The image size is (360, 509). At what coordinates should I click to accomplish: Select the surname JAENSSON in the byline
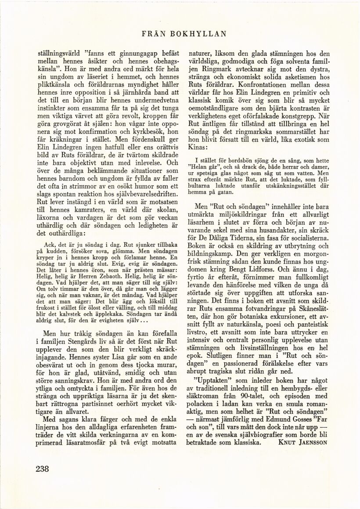pyautogui.click(x=312, y=442)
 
